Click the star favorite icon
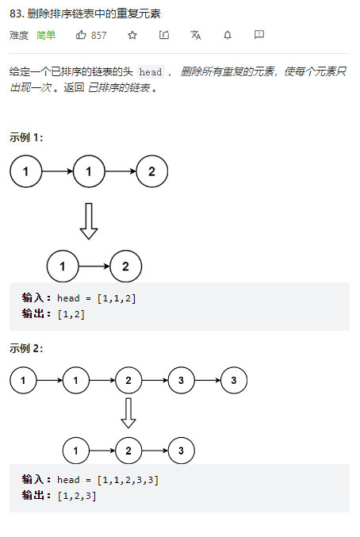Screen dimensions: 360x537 [x=132, y=35]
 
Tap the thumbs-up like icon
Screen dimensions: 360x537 [x=81, y=35]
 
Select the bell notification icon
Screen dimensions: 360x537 [x=228, y=35]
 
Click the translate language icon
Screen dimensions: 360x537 [x=195, y=35]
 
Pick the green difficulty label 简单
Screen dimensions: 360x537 [x=46, y=35]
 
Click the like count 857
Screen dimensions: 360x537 [x=98, y=35]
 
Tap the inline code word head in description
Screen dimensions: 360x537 [x=151, y=72]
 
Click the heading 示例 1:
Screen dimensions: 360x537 [x=26, y=137]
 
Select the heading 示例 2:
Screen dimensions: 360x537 [x=26, y=348]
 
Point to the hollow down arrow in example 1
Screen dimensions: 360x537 [x=89, y=221]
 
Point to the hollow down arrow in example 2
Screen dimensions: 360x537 [x=128, y=413]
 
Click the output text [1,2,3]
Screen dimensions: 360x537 [x=77, y=496]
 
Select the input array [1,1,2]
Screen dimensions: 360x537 [x=117, y=298]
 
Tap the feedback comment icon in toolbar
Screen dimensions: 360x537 [x=259, y=35]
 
